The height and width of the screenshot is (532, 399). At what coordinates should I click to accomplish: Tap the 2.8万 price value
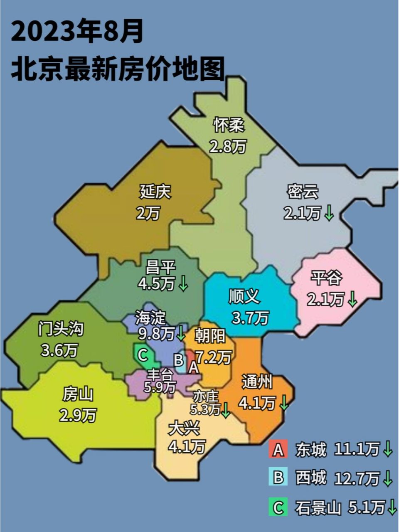click(227, 146)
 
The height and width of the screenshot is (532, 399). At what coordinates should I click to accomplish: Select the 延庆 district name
click(155, 192)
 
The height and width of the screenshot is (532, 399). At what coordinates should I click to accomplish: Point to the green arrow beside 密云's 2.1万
click(329, 214)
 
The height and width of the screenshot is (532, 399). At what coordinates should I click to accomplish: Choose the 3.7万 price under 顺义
click(250, 318)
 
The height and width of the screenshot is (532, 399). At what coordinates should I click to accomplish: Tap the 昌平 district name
click(161, 266)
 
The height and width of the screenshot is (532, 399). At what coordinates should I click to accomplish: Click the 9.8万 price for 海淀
click(156, 333)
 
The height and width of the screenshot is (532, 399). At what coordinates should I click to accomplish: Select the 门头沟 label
click(61, 329)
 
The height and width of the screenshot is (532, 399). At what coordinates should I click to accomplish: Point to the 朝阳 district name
click(210, 335)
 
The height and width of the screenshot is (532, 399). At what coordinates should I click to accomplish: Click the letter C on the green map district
click(142, 355)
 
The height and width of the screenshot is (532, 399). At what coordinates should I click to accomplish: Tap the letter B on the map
click(178, 359)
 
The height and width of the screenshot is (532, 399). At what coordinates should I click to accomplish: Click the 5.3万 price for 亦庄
click(205, 409)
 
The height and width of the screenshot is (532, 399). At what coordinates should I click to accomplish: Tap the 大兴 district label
click(184, 428)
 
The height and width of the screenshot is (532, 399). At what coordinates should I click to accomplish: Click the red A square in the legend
click(278, 450)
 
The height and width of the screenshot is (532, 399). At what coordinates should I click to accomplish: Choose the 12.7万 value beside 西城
click(357, 478)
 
